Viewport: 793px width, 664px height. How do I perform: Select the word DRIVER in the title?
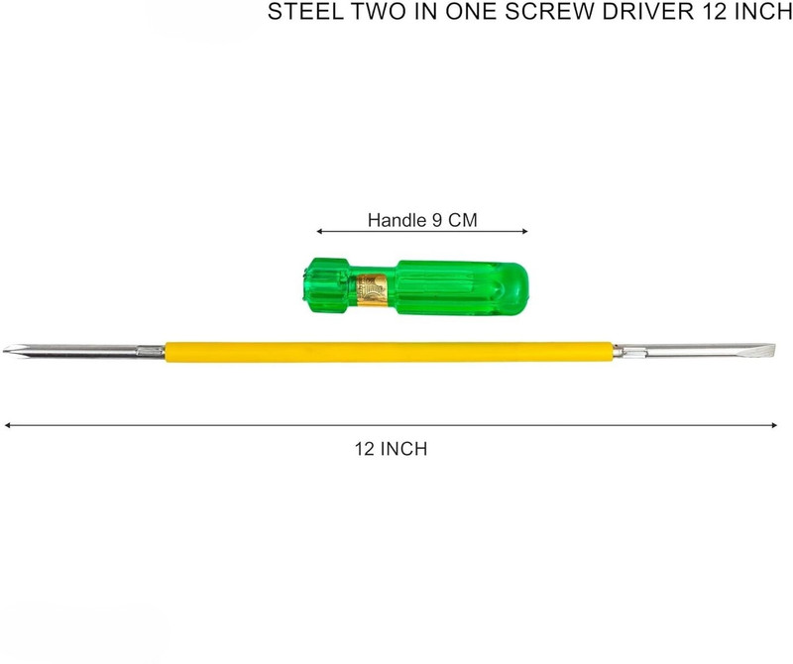click(x=648, y=11)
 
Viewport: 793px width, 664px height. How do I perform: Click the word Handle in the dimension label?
click(x=397, y=220)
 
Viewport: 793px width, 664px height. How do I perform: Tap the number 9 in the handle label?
click(x=436, y=220)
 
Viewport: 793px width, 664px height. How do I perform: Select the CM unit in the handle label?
click(x=462, y=220)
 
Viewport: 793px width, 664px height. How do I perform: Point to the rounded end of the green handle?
click(x=515, y=288)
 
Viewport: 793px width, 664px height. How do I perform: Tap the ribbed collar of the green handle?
click(x=326, y=285)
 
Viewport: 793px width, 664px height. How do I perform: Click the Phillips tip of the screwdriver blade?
click(x=10, y=349)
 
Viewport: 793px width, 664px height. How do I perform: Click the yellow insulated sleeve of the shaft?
click(x=389, y=352)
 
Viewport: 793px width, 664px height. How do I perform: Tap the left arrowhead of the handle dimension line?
click(x=319, y=232)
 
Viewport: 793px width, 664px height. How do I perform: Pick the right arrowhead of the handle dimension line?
click(x=524, y=232)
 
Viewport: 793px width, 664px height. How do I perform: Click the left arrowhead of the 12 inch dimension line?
click(x=8, y=425)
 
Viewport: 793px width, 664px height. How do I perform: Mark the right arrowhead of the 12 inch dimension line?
click(x=774, y=425)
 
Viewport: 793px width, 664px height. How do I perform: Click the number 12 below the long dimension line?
click(x=364, y=449)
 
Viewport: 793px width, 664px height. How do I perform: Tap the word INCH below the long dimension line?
click(x=403, y=449)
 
